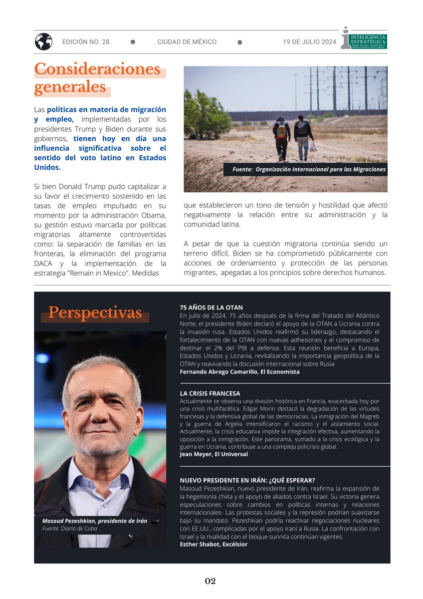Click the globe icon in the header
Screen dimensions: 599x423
point(43,41)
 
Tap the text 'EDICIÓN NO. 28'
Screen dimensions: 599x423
point(86,42)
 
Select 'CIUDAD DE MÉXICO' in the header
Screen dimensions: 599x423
point(187,42)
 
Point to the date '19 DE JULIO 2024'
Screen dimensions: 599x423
point(309,42)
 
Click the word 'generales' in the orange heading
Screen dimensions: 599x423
point(70,88)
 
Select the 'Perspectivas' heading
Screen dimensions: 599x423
point(95,313)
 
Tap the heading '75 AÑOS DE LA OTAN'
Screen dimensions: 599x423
point(211,307)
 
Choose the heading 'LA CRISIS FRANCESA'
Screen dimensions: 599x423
point(210,393)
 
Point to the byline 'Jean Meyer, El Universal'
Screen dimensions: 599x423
point(213,454)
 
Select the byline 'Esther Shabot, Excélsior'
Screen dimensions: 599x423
point(213,544)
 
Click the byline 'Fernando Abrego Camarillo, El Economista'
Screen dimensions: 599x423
point(239,372)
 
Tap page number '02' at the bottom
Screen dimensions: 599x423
point(211,581)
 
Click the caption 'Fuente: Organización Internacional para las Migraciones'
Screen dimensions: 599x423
point(309,170)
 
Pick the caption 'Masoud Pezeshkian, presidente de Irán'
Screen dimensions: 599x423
point(95,521)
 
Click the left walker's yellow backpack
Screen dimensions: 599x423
point(281,131)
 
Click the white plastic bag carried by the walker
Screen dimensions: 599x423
point(313,146)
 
